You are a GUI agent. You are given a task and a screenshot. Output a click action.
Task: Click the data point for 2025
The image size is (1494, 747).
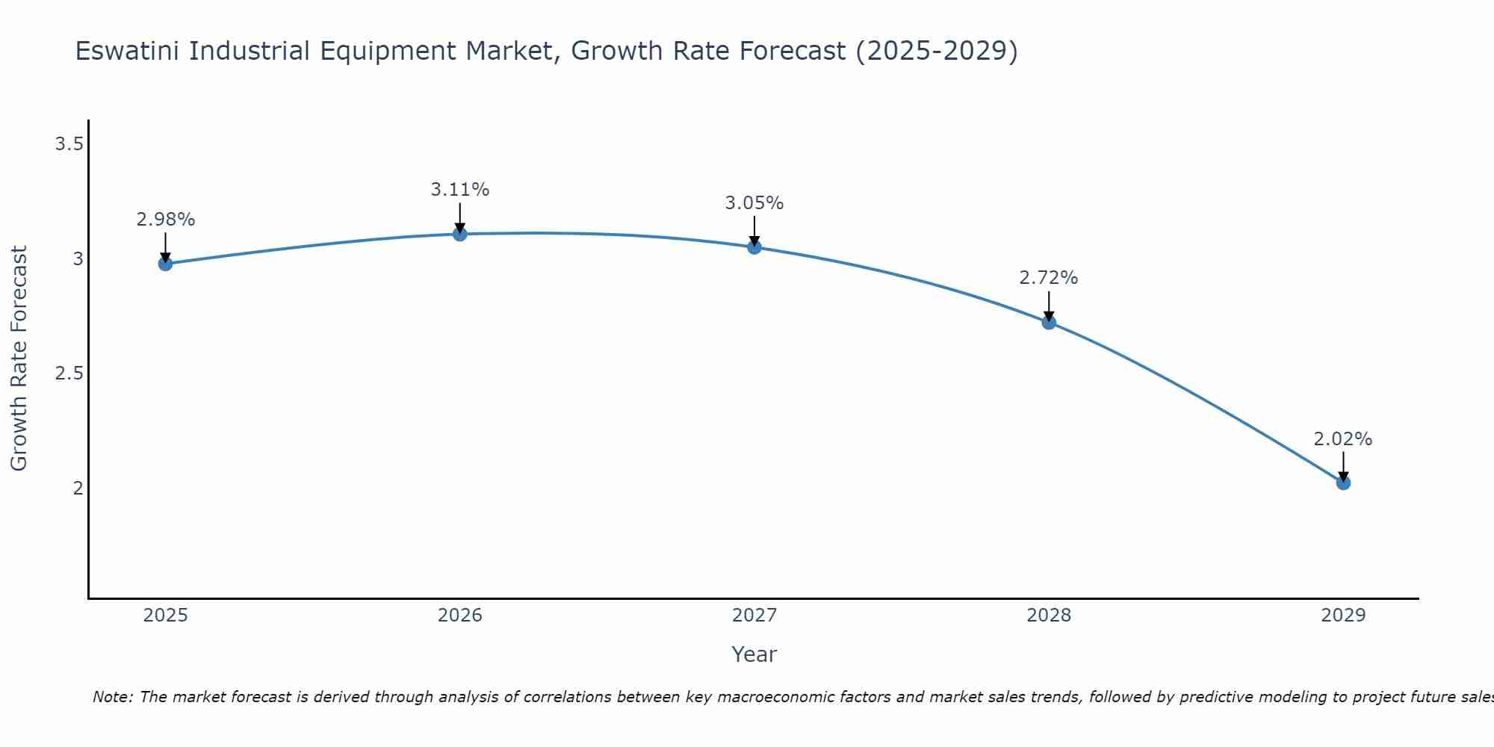click(x=166, y=264)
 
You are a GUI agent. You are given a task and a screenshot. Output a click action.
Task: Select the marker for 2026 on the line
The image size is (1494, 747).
click(x=460, y=234)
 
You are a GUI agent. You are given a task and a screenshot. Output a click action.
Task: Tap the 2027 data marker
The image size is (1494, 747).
click(x=754, y=247)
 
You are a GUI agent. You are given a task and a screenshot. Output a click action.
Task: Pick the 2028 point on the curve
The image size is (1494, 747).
click(x=1049, y=323)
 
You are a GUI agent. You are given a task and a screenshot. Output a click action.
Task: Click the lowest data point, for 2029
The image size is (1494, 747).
click(x=1343, y=483)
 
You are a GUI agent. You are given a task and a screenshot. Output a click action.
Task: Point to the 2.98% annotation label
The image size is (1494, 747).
click(x=166, y=220)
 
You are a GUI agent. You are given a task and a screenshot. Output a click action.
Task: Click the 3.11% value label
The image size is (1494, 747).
click(x=460, y=190)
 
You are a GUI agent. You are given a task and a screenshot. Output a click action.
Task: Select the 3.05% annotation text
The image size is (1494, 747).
click(x=754, y=203)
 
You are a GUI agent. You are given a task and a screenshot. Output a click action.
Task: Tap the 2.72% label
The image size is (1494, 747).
click(x=1049, y=278)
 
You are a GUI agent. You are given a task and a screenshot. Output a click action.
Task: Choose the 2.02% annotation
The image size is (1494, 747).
click(x=1343, y=439)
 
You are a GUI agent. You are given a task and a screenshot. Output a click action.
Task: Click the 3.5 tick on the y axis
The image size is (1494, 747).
click(x=69, y=144)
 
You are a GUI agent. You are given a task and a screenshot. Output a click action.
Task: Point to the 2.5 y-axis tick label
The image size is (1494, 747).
click(x=69, y=373)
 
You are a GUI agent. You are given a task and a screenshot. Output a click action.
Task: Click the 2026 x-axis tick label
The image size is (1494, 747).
click(x=460, y=616)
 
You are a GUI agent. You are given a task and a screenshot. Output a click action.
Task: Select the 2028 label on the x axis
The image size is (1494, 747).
click(x=1049, y=616)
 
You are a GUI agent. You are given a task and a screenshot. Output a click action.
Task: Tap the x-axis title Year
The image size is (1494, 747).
click(x=754, y=654)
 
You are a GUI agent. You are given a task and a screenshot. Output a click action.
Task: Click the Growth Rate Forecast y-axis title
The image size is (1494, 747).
click(x=19, y=359)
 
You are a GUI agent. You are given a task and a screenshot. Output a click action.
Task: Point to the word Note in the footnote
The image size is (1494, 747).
click(x=112, y=697)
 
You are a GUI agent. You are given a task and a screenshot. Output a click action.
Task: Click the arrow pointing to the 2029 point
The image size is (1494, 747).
click(x=1343, y=465)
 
